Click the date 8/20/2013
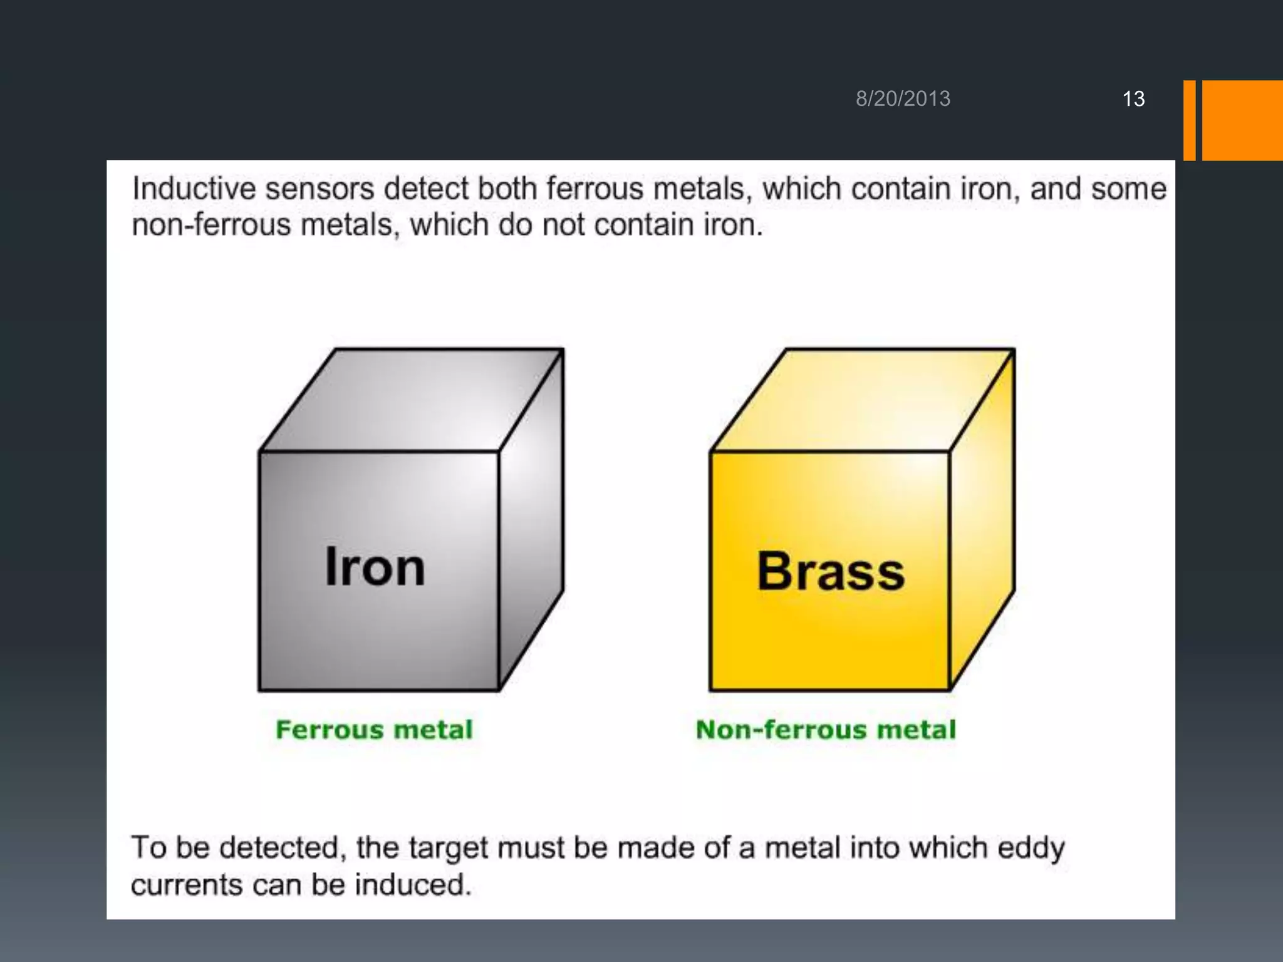pyautogui.click(x=903, y=99)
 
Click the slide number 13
pyautogui.click(x=1133, y=99)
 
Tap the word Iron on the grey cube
pyautogui.click(x=375, y=567)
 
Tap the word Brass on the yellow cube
pyautogui.click(x=831, y=571)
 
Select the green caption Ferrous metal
pyautogui.click(x=374, y=730)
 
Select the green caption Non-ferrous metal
pyautogui.click(x=826, y=730)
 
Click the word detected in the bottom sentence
pyautogui.click(x=283, y=848)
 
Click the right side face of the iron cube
pyautogui.click(x=531, y=520)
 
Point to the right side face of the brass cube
pyautogui.click(x=982, y=520)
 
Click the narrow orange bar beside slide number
pyautogui.click(x=1189, y=120)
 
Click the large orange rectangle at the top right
pyautogui.click(x=1242, y=120)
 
